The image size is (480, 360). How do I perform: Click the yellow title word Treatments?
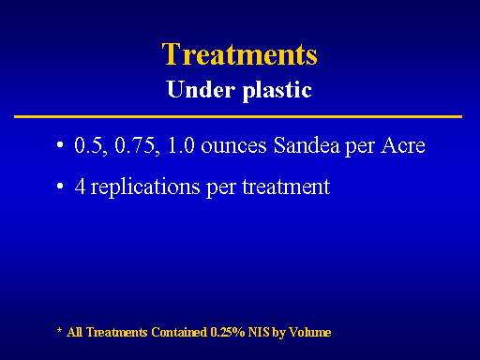[x=240, y=54]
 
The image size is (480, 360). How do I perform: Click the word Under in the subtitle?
[x=201, y=89]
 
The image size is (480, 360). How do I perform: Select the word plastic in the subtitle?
[x=277, y=91]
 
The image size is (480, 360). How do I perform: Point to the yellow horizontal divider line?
[x=238, y=116]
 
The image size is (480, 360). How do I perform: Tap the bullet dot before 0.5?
[x=60, y=145]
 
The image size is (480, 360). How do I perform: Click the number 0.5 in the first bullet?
[x=90, y=145]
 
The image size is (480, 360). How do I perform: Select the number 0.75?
[x=137, y=145]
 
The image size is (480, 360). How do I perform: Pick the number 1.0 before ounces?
[x=181, y=145]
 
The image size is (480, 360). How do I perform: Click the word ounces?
[x=233, y=146]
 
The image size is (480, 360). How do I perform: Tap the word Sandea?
[x=307, y=145]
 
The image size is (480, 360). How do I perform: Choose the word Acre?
[x=403, y=145]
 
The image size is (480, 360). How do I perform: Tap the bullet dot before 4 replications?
[x=60, y=186]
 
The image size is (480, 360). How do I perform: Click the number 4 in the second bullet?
[x=80, y=187]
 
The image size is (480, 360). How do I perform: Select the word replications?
[x=145, y=187]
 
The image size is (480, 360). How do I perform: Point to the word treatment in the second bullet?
[x=286, y=187]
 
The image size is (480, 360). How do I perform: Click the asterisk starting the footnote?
[x=59, y=330]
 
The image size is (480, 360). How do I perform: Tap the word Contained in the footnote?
[x=179, y=332]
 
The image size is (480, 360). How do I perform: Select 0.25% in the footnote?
[x=228, y=332]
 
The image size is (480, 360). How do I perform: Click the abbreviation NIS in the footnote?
[x=259, y=332]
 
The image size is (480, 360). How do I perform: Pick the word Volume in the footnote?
[x=309, y=332]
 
